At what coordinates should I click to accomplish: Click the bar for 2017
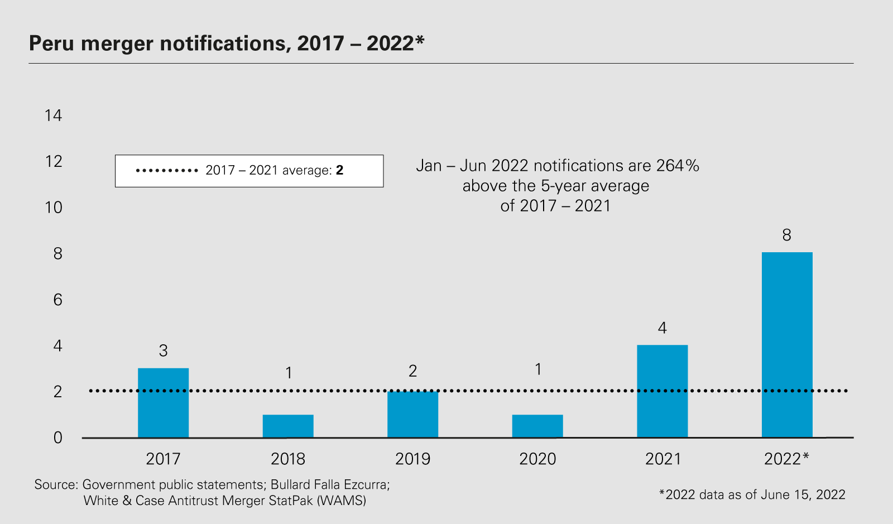pos(163,403)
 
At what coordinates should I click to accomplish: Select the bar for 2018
pos(288,426)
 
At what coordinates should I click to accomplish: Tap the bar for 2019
pos(413,414)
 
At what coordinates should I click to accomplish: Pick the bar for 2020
pos(537,426)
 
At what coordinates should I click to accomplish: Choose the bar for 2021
pos(662,391)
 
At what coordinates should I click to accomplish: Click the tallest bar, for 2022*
pos(787,344)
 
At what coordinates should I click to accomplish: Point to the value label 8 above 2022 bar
pos(787,235)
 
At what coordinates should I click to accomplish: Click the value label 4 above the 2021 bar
pos(662,328)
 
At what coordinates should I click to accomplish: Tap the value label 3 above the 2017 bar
pos(163,351)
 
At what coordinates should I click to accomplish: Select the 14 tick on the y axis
pos(54,116)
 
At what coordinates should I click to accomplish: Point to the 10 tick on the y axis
pos(54,208)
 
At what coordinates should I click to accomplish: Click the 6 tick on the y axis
pos(57,300)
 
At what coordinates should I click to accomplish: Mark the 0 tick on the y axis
pos(57,438)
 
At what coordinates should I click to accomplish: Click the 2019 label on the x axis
pos(413,459)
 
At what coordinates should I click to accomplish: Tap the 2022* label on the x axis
pos(786,459)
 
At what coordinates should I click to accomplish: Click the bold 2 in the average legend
pos(339,170)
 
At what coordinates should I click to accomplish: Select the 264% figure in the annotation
pos(678,166)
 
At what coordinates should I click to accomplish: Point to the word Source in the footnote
pos(55,484)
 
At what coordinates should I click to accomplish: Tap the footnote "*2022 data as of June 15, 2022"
pos(752,494)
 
